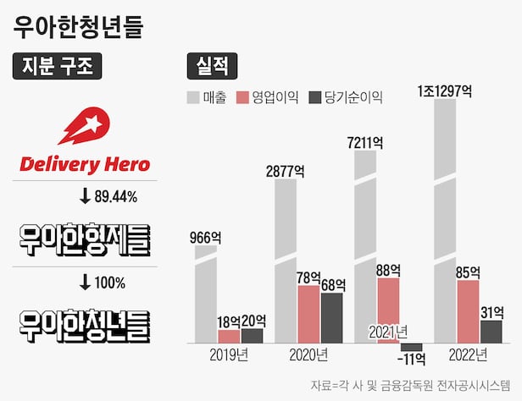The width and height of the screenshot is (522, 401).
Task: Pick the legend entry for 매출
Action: point(206,97)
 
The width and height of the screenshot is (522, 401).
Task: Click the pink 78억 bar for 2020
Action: point(308,313)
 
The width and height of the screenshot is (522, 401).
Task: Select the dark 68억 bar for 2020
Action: point(331,317)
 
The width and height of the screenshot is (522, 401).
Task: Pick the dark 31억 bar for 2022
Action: point(491,331)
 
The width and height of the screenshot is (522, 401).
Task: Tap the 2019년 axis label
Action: point(230,354)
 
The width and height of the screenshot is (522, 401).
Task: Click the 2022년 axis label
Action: point(467,354)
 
